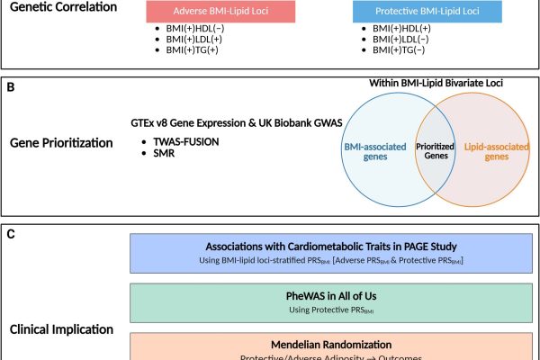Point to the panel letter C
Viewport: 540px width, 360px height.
[11, 234]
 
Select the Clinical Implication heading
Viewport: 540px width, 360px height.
[62, 328]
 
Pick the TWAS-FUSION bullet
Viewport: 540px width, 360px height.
[181, 142]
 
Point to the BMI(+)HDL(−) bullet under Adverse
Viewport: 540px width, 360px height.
[191, 29]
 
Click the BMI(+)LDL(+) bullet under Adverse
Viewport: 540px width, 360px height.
[191, 40]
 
